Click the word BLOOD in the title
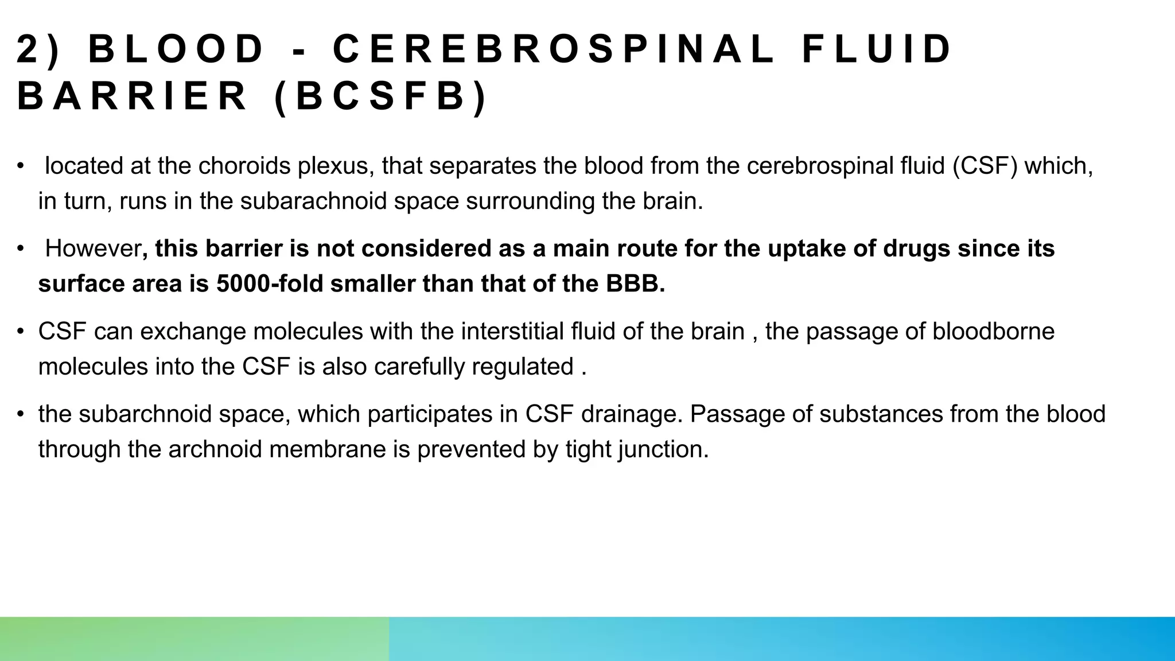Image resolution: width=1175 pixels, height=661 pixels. [x=176, y=49]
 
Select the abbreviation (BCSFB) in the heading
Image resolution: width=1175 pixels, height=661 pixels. [x=381, y=96]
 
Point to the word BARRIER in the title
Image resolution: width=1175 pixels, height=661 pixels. [x=132, y=96]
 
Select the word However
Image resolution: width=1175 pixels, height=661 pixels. [x=93, y=248]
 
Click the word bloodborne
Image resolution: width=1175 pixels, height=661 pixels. [x=993, y=332]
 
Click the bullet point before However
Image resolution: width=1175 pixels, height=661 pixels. [x=21, y=249]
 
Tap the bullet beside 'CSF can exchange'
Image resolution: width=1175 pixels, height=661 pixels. [x=21, y=332]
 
